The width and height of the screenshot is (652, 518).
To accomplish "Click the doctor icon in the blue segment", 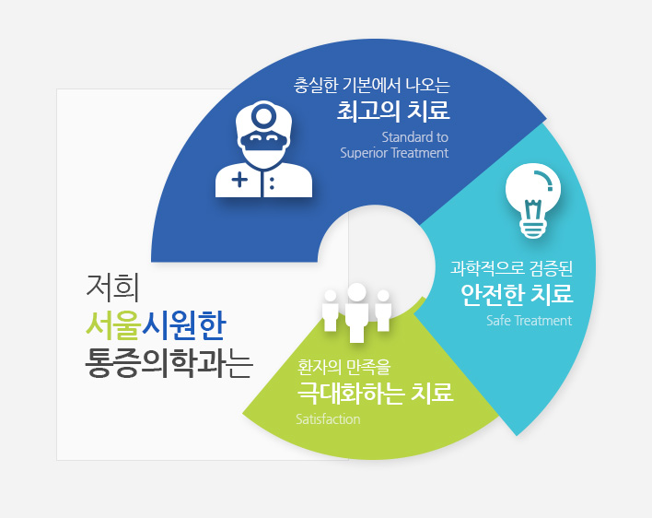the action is click(x=263, y=149).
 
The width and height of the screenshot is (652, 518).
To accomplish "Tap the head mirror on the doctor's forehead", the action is click(x=263, y=114).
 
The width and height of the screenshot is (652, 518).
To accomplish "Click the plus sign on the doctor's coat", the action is click(x=239, y=180).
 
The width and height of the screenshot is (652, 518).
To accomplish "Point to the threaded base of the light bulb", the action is click(x=532, y=228).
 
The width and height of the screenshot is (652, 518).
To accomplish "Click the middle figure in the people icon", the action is click(x=356, y=312).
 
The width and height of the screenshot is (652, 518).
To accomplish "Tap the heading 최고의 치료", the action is click(x=393, y=111).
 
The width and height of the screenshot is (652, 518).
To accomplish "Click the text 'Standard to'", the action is click(x=415, y=137).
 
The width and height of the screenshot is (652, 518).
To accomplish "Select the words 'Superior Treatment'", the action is click(x=394, y=153).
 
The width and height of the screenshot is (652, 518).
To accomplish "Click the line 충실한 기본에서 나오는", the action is click(x=372, y=86).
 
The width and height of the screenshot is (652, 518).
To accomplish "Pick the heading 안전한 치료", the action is click(x=517, y=294).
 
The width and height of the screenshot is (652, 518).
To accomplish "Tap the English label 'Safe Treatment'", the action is click(x=529, y=321).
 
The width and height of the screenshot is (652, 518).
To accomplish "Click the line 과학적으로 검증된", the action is click(x=511, y=268).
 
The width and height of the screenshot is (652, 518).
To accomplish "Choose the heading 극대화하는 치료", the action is click(x=375, y=393).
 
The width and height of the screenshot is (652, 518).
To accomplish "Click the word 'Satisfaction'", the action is click(x=328, y=419).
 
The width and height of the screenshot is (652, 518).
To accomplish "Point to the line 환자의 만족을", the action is click(x=343, y=367).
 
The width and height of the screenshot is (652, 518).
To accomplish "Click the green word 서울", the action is click(x=113, y=325).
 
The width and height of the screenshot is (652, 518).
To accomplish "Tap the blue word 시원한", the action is click(x=184, y=325).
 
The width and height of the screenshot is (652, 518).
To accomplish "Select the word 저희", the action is click(x=112, y=287).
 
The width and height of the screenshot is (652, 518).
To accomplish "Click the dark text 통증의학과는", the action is click(x=169, y=364).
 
